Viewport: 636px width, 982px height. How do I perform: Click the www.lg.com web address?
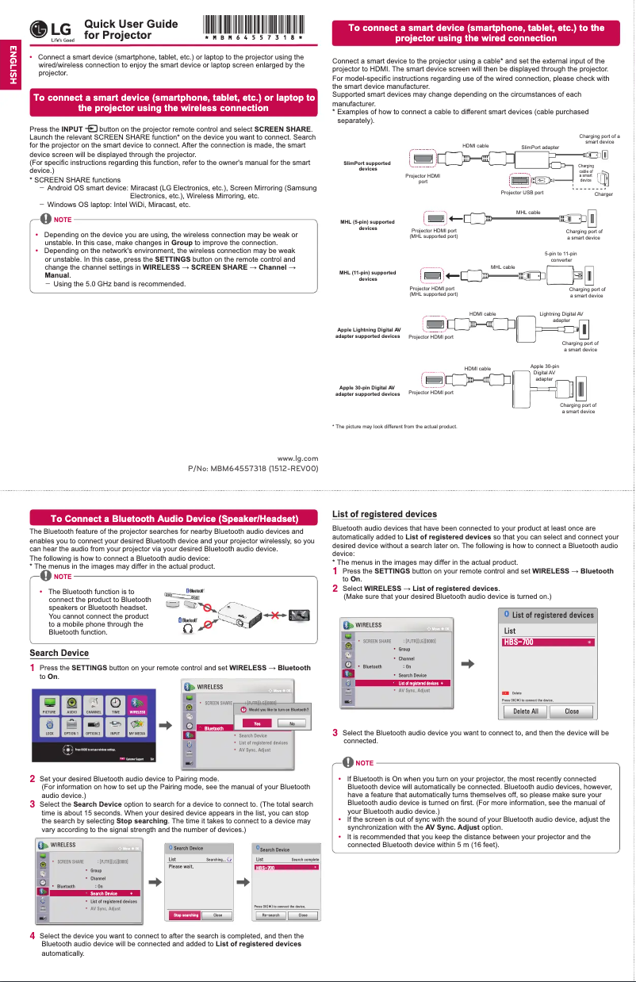297,458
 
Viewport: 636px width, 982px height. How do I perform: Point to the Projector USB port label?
522,192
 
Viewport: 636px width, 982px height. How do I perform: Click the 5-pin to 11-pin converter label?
561,256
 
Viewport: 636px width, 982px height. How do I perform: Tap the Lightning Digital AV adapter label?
561,317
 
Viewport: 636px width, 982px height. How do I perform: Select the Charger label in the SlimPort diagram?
603,194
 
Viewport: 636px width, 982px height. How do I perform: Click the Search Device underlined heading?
59,653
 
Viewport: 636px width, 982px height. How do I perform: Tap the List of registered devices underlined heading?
384,514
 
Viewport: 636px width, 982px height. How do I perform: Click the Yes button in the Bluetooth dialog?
256,723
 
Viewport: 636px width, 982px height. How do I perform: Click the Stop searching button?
186,915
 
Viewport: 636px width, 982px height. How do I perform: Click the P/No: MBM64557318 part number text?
252,468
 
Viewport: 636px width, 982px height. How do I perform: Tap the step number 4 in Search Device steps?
32,936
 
